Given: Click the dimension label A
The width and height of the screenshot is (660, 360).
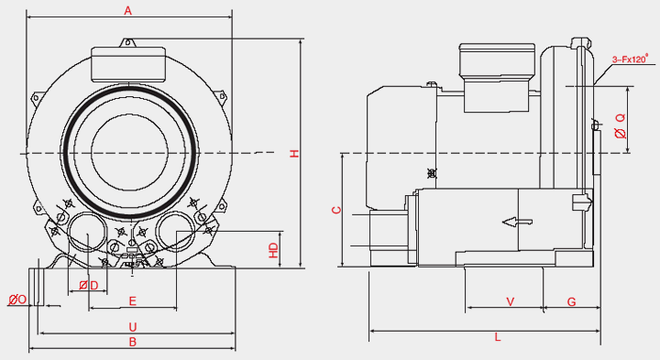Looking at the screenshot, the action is [128, 10].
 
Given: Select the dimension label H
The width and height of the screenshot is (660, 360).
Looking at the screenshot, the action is [294, 153].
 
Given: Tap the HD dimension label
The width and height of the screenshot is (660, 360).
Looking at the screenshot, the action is [274, 250].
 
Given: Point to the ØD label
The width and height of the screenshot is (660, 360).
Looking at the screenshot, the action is [88, 286].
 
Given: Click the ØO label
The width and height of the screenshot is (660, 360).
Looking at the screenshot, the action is [17, 300].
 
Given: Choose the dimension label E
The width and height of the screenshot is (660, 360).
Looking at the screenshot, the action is [133, 301].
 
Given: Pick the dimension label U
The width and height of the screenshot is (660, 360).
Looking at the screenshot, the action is [133, 327].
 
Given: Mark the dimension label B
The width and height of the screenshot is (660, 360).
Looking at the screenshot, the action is [133, 342].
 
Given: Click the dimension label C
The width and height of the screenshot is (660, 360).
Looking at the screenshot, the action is [336, 210].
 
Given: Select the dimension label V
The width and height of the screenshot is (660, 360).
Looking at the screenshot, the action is [511, 301].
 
